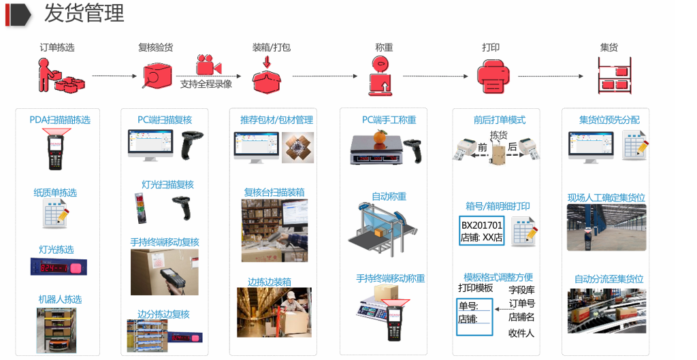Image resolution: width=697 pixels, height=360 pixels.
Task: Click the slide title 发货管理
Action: (84, 14)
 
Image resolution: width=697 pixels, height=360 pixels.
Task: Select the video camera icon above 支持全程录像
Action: (208, 65)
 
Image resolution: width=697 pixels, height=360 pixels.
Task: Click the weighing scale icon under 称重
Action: (382, 74)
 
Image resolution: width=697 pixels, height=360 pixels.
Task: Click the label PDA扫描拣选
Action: (60, 120)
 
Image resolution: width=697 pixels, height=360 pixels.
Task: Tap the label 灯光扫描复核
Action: (167, 184)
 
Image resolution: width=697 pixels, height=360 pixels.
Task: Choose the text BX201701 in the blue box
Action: (481, 225)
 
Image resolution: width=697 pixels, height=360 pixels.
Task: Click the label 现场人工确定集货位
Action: (606, 198)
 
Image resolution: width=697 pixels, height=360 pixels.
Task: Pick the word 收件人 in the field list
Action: (521, 333)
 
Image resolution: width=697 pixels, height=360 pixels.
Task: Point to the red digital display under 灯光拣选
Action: (60, 267)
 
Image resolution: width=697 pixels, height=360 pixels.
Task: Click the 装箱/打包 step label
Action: (271, 48)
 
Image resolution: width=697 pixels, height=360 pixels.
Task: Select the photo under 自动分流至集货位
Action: (606, 311)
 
